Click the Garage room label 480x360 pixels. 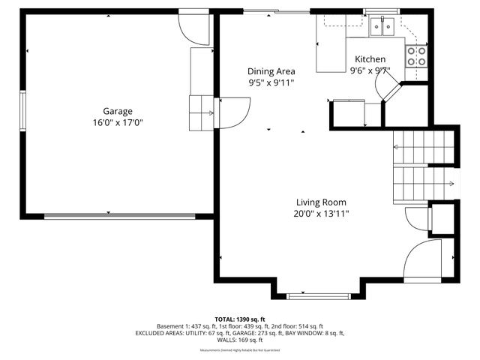[x=118, y=111]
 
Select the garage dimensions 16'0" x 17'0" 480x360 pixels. [x=118, y=122]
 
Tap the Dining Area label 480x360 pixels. [x=271, y=72]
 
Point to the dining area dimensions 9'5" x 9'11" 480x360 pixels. [x=271, y=83]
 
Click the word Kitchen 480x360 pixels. [x=370, y=59]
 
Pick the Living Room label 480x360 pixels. [x=321, y=202]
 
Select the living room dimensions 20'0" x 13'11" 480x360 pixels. [x=321, y=214]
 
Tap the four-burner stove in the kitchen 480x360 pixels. [x=416, y=55]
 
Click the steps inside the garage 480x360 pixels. [x=201, y=113]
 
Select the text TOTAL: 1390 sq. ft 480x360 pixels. [x=240, y=319]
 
